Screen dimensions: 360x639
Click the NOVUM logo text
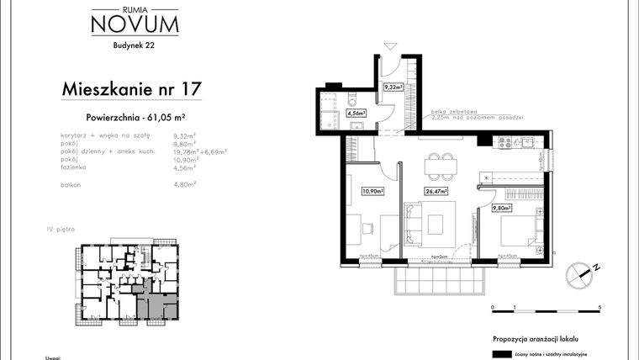[135, 24]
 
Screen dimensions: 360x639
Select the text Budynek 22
[135, 46]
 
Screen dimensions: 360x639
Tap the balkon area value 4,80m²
[184, 183]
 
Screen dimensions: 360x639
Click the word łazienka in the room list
[76, 167]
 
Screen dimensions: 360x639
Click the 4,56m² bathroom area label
[356, 112]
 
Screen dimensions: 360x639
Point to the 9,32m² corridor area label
[393, 87]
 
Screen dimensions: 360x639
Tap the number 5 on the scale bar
[599, 309]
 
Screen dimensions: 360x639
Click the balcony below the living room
[439, 274]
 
